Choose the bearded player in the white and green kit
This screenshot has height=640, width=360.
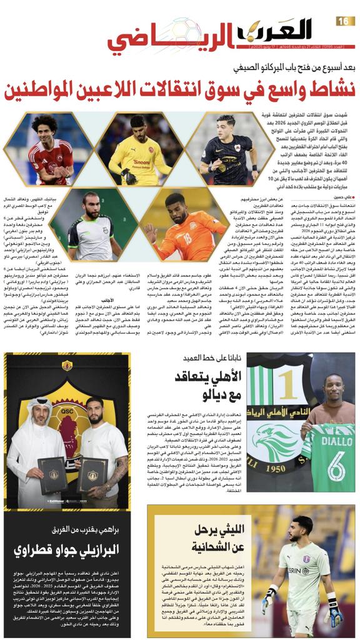pos(91,224)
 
